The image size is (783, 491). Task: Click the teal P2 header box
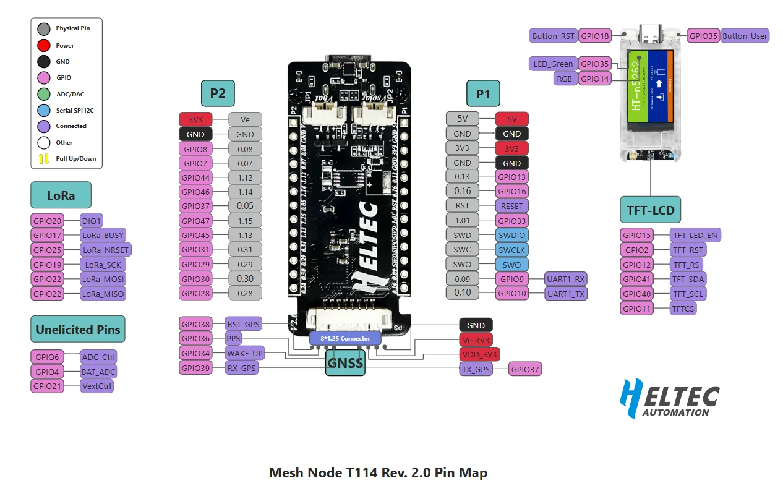[218, 93]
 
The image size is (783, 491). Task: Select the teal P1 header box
[482, 93]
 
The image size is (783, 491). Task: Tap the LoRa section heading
[61, 195]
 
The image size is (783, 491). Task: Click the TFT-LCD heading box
[650, 210]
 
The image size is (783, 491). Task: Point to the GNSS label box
[345, 363]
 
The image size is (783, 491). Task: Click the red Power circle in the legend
[44, 45]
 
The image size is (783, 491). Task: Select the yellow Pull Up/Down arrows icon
[44, 158]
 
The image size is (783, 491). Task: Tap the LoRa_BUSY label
[103, 235]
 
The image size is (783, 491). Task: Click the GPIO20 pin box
[48, 220]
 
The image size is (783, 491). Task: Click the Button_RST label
[554, 36]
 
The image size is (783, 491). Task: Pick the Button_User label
[745, 36]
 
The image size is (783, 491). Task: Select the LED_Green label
[553, 64]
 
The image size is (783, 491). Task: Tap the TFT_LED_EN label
[696, 235]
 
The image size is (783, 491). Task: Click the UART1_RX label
[566, 279]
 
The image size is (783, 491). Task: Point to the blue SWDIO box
[512, 235]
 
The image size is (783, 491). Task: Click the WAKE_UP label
[245, 353]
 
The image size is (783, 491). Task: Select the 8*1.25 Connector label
[345, 338]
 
